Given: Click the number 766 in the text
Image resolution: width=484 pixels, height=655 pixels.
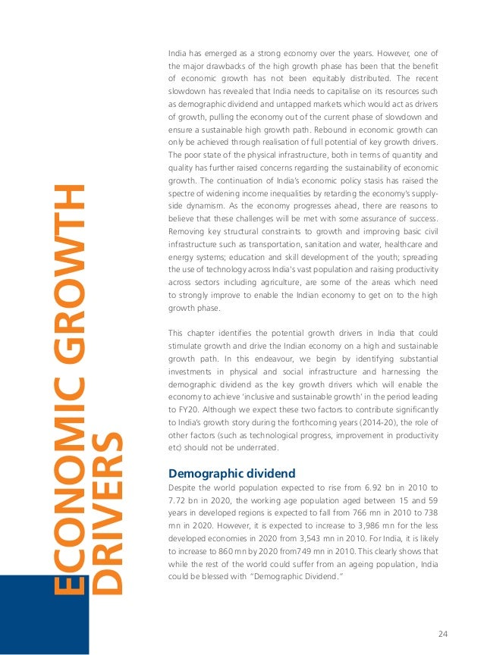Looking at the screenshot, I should pyautogui.click(x=359, y=515).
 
